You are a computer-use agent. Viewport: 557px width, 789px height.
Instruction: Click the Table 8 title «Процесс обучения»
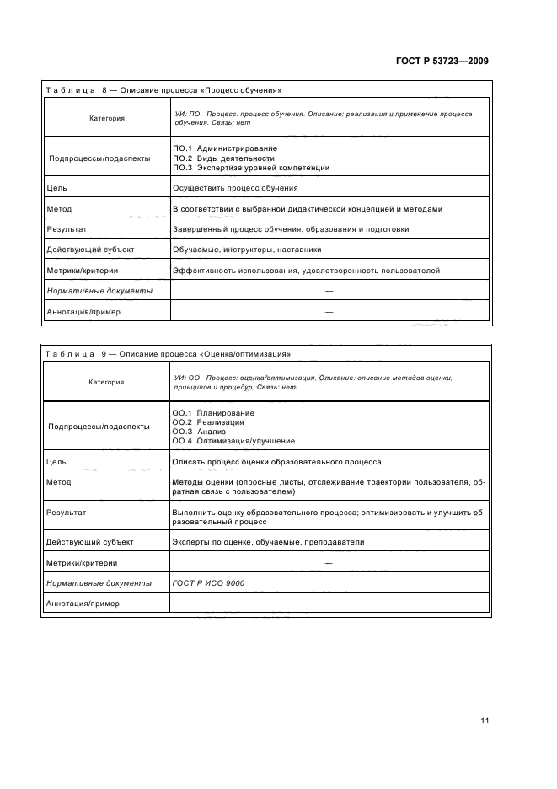pyautogui.click(x=163, y=89)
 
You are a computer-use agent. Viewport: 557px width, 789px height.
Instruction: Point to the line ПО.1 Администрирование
pyautogui.click(x=224, y=148)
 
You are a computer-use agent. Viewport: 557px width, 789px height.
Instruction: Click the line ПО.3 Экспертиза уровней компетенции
pyautogui.click(x=250, y=168)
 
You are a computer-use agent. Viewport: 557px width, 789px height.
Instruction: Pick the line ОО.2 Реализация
pyautogui.click(x=208, y=421)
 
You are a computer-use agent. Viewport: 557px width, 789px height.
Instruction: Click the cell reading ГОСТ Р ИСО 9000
pyautogui.click(x=208, y=583)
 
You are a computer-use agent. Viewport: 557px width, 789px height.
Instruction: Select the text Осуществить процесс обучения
pyautogui.click(x=234, y=188)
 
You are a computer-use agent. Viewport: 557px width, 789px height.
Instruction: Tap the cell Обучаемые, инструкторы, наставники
pyautogui.click(x=246, y=250)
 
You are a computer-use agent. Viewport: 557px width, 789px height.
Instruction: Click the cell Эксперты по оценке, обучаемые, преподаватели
pyautogui.click(x=268, y=542)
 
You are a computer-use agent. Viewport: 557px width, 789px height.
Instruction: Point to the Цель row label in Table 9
pyautogui.click(x=58, y=462)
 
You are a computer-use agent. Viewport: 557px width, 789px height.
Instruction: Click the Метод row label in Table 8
pyautogui.click(x=61, y=209)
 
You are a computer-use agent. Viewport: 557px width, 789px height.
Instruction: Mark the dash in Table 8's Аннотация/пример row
pyautogui.click(x=329, y=311)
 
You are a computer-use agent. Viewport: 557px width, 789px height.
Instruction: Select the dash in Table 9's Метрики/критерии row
pyautogui.click(x=329, y=563)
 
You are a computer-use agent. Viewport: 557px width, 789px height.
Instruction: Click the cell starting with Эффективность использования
pyautogui.click(x=306, y=271)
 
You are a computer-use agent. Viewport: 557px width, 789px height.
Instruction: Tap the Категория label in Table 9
pyautogui.click(x=106, y=382)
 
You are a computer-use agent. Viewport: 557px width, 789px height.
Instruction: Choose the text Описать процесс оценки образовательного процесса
pyautogui.click(x=276, y=462)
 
